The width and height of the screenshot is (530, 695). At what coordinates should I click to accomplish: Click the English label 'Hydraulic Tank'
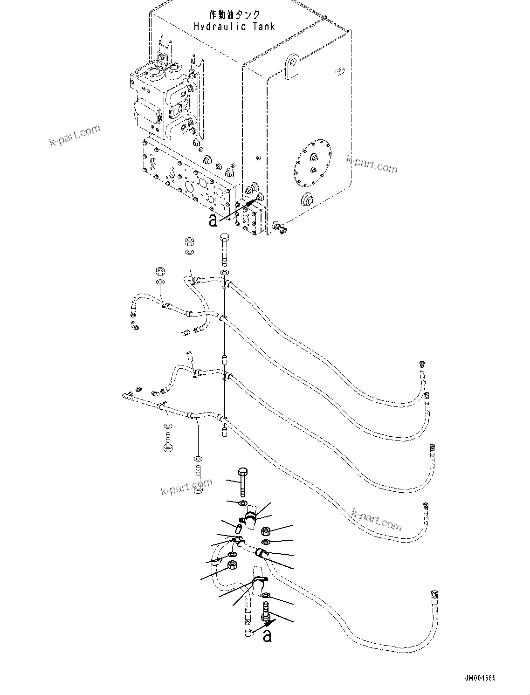(234, 27)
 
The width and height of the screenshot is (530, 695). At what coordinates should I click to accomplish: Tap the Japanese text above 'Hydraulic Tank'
(234, 15)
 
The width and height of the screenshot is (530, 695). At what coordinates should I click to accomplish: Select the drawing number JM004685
(479, 678)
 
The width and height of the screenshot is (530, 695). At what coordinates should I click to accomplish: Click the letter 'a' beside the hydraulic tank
(213, 220)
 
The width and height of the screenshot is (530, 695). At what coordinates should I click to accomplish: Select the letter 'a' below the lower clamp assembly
(267, 635)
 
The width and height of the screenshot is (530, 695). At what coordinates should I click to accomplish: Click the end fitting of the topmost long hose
(422, 365)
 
